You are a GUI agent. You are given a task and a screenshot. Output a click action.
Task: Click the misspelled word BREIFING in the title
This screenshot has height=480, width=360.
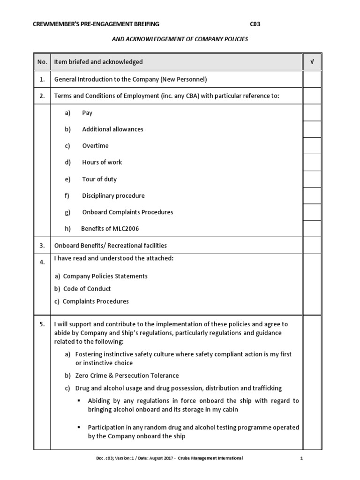click(x=142, y=24)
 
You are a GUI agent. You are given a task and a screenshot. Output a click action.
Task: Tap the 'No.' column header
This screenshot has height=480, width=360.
click(x=42, y=62)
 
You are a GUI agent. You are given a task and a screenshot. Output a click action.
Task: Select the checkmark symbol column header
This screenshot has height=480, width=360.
click(x=312, y=62)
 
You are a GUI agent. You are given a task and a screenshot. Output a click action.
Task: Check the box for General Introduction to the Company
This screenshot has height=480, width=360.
click(x=312, y=80)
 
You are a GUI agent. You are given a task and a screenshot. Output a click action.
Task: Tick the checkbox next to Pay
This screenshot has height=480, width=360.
click(x=312, y=113)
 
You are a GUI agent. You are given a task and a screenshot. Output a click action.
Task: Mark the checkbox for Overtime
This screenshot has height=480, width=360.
click(x=312, y=146)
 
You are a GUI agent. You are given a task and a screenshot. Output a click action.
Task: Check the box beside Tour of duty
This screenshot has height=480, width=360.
click(x=312, y=179)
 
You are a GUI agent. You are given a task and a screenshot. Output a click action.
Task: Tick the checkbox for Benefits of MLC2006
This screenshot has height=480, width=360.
click(x=312, y=229)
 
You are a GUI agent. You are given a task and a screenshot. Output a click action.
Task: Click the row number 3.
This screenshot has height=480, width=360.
click(x=42, y=246)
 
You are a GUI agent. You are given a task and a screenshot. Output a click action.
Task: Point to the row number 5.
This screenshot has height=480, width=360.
click(x=42, y=324)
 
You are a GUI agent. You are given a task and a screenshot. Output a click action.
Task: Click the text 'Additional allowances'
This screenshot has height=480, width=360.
click(x=112, y=129)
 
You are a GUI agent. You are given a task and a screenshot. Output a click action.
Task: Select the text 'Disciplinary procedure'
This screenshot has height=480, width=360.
click(x=113, y=195)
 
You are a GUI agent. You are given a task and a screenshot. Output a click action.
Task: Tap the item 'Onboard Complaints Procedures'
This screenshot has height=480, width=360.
click(x=127, y=212)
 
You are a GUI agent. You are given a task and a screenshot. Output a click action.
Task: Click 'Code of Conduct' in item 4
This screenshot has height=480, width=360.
click(x=87, y=289)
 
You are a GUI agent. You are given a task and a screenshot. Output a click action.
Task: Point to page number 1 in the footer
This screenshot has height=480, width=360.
click(x=302, y=458)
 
